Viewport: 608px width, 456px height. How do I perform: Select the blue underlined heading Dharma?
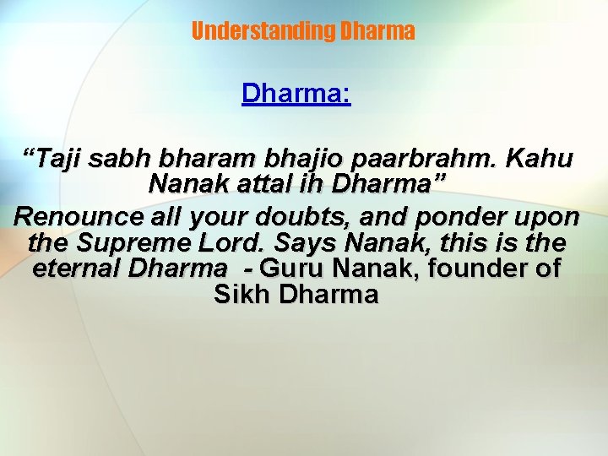pos(296,93)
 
